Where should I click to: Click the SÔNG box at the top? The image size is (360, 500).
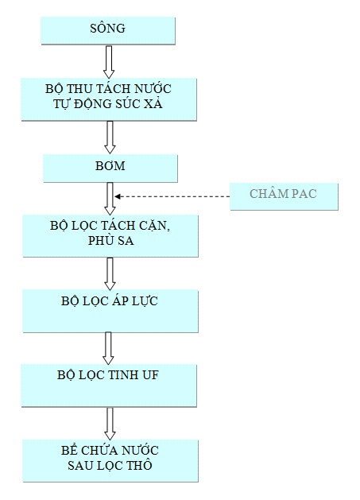point(108,30)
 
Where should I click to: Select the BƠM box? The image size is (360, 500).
point(110,169)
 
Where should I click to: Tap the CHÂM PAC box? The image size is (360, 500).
point(284,196)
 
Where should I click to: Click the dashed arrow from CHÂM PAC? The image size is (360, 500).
point(172,196)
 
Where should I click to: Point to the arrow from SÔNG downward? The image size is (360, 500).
point(109,62)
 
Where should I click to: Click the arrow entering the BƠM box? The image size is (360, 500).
point(110,137)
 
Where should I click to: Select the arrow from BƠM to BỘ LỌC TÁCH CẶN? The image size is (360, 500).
point(110,199)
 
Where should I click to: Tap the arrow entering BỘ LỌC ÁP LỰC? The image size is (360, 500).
point(110,273)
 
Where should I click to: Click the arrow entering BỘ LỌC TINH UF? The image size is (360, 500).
point(108,348)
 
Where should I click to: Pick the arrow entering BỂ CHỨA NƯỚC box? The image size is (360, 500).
point(110,424)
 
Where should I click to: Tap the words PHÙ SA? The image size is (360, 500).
point(110,240)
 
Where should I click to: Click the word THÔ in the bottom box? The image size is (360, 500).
point(139,465)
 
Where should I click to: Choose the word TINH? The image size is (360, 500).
point(123,375)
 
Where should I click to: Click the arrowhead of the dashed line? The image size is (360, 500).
point(117,196)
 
